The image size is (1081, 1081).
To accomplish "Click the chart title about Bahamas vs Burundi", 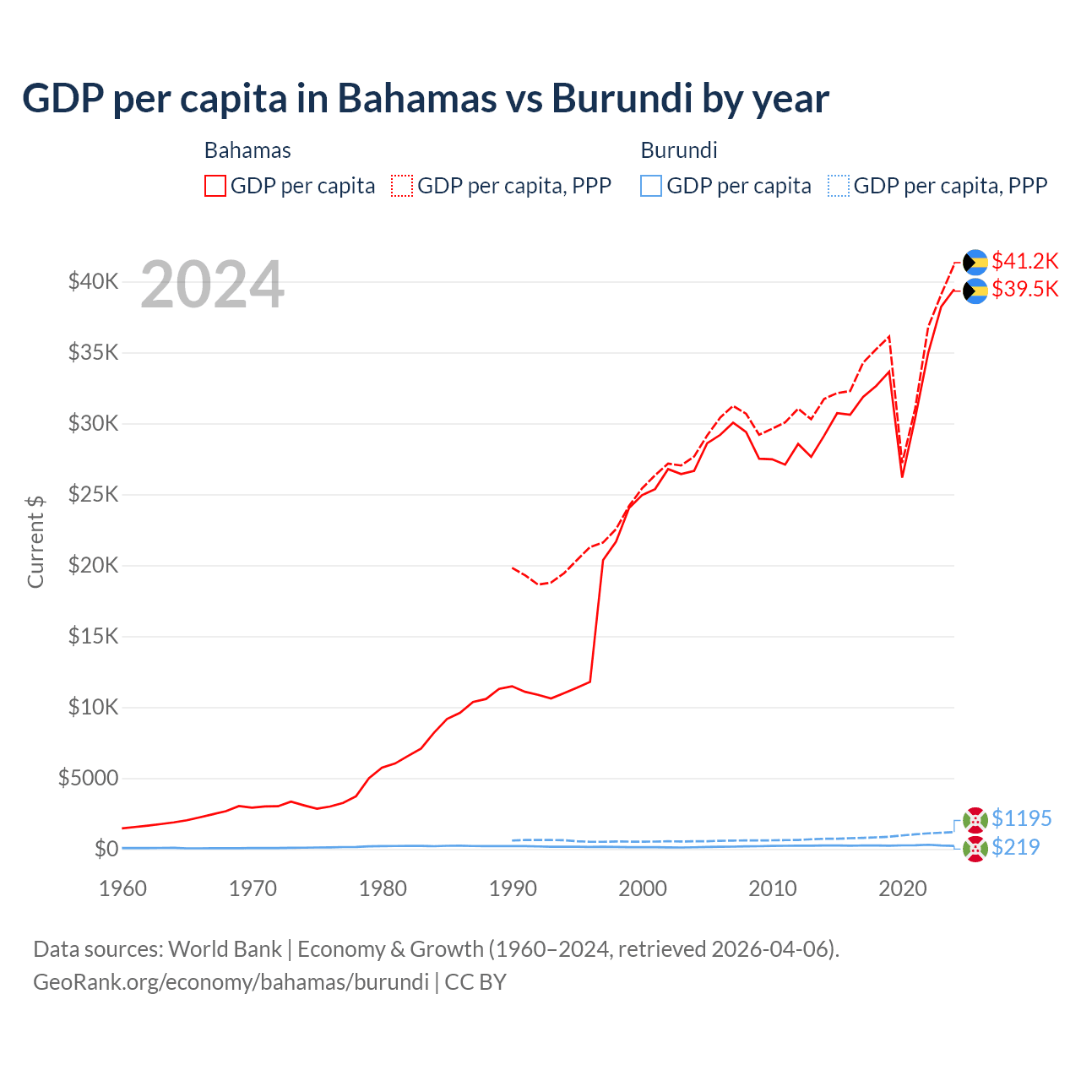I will (426, 98).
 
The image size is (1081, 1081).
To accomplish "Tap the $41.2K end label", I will (1024, 261).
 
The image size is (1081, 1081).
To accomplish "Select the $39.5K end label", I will (1024, 290).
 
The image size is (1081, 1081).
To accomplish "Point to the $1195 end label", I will (1021, 818).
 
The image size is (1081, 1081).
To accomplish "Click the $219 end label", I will (1015, 847).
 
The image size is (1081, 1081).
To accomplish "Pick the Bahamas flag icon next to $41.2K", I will (975, 262).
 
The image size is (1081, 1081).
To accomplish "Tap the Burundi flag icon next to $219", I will (975, 849).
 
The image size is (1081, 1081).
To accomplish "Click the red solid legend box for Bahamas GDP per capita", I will (215, 186).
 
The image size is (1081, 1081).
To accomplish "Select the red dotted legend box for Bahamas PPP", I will (402, 186).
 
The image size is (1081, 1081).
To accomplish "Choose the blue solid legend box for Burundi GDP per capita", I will (651, 186).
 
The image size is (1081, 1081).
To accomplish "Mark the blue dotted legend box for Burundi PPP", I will (839, 186).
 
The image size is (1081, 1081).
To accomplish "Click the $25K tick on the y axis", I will (93, 494).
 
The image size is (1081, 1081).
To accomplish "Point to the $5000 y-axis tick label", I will (88, 778).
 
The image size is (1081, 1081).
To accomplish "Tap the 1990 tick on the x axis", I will (513, 888).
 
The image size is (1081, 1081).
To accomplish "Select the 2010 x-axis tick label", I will (773, 888).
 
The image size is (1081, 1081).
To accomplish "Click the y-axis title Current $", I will (35, 541).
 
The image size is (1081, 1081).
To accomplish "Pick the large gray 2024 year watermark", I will (212, 285).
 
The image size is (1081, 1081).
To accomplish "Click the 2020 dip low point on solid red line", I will (902, 477).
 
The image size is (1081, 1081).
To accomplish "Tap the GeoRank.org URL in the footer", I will (231, 982).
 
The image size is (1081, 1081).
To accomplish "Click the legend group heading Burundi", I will (679, 150).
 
